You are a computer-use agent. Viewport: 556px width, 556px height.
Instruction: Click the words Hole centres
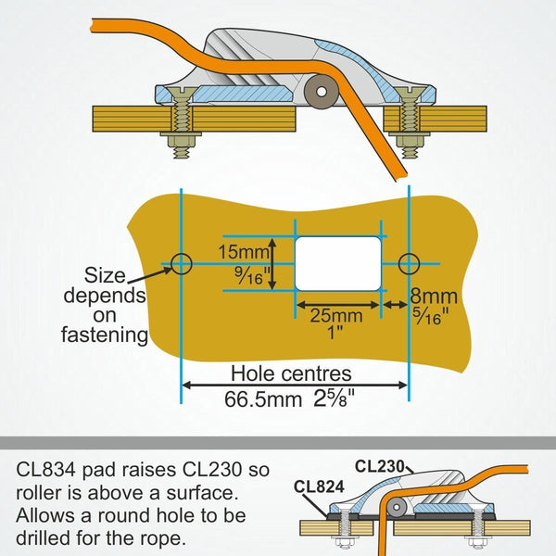coord(291,374)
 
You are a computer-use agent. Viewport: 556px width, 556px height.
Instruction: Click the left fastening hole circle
coord(182,264)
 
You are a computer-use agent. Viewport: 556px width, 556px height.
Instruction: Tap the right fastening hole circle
coord(407,264)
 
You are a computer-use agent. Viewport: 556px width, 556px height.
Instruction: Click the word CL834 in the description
coord(47,470)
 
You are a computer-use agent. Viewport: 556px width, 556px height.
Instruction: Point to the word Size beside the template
coord(106,275)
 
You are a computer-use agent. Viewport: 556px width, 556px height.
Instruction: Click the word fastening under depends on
coord(105,335)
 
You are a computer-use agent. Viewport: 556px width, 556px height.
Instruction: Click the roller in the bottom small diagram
coord(394,506)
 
